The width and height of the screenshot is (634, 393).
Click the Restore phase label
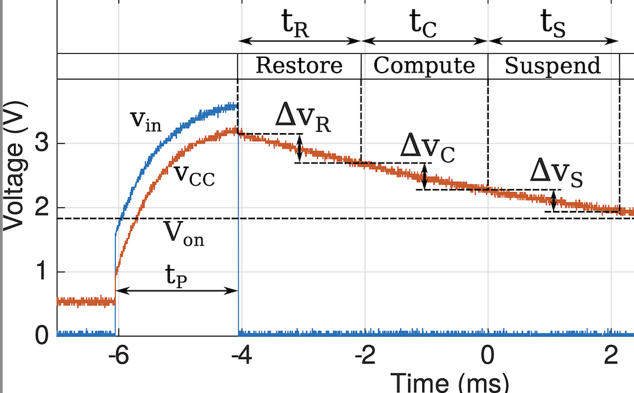(299, 65)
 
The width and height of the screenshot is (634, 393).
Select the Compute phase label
(424, 65)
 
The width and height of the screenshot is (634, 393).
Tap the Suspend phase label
(553, 65)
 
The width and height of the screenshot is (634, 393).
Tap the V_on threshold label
(184, 234)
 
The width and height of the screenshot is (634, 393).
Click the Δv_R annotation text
(303, 118)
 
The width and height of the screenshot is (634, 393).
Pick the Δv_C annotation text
(428, 147)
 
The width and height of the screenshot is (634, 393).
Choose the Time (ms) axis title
(449, 382)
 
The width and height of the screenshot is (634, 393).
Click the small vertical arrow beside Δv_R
(300, 148)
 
